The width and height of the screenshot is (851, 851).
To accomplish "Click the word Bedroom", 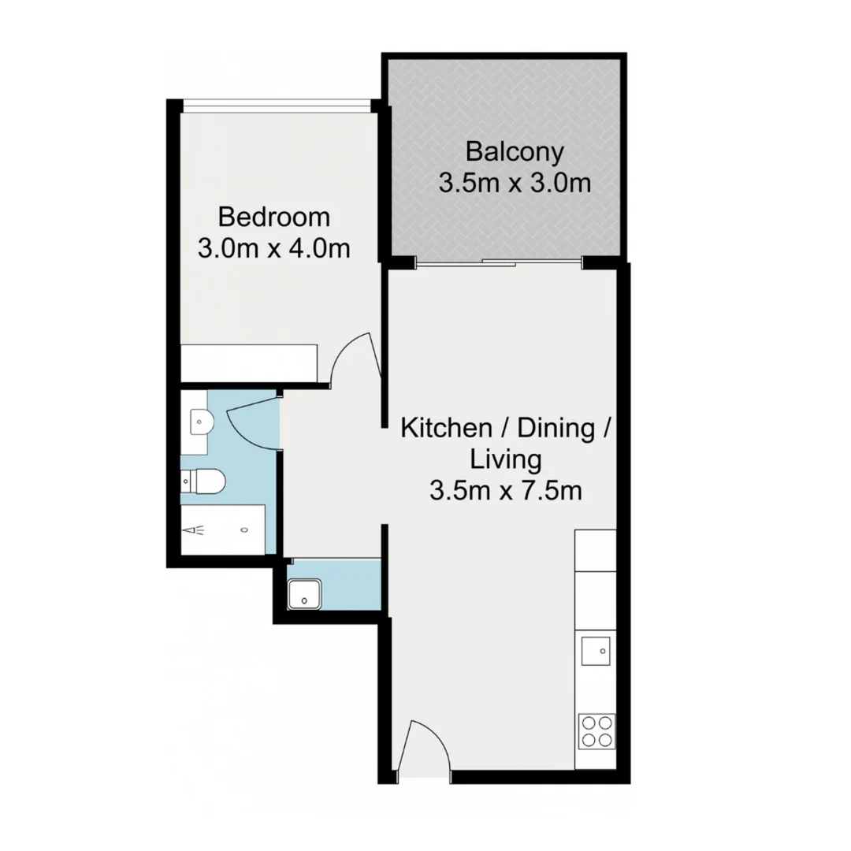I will (274, 216).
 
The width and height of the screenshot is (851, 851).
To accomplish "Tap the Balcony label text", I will (515, 151).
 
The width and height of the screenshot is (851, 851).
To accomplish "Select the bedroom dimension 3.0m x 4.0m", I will (273, 248).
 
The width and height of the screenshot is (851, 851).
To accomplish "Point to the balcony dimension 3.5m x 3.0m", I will (515, 184).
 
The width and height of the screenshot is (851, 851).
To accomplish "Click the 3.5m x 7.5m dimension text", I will (506, 491).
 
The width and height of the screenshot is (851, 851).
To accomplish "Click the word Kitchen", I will (445, 429).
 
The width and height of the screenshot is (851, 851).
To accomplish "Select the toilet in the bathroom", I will (206, 481).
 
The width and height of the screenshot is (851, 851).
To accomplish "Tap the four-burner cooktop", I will (596, 730).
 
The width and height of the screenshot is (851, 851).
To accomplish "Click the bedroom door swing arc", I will (352, 359).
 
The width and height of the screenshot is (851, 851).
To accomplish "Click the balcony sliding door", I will (498, 262).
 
